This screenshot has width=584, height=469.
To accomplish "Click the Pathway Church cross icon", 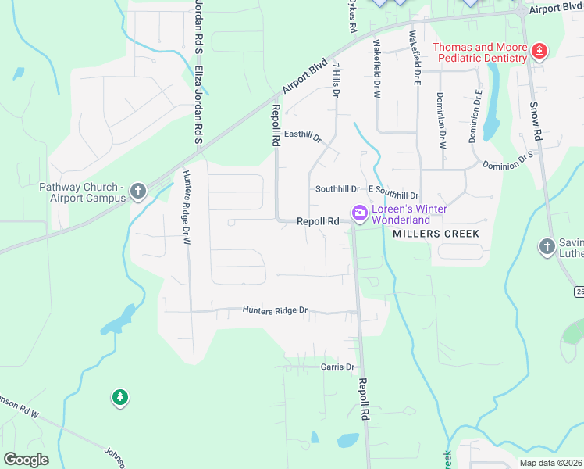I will [x=138, y=192].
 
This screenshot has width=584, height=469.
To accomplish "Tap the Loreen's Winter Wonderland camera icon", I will [x=360, y=212].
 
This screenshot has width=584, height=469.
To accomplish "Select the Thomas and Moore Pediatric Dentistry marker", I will [x=539, y=52].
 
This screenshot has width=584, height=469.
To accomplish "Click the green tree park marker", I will [x=119, y=399].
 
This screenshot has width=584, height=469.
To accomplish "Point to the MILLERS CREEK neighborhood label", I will [x=435, y=234].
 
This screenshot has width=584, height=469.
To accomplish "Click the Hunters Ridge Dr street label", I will [x=275, y=310].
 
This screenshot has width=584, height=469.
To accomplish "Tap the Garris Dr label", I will [x=337, y=367].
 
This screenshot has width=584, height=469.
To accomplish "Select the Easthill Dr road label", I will [x=303, y=136].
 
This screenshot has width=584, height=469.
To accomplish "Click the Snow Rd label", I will [x=535, y=121].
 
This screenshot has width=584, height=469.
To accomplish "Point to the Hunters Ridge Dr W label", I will [x=187, y=208].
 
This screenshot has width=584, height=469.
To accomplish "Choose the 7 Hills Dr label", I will [x=337, y=78].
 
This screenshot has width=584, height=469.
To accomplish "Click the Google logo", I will [x=27, y=460].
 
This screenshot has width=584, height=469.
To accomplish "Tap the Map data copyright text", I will [x=551, y=463].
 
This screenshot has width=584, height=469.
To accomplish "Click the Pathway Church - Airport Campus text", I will [x=83, y=192].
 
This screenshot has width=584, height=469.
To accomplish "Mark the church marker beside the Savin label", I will [x=547, y=248].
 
